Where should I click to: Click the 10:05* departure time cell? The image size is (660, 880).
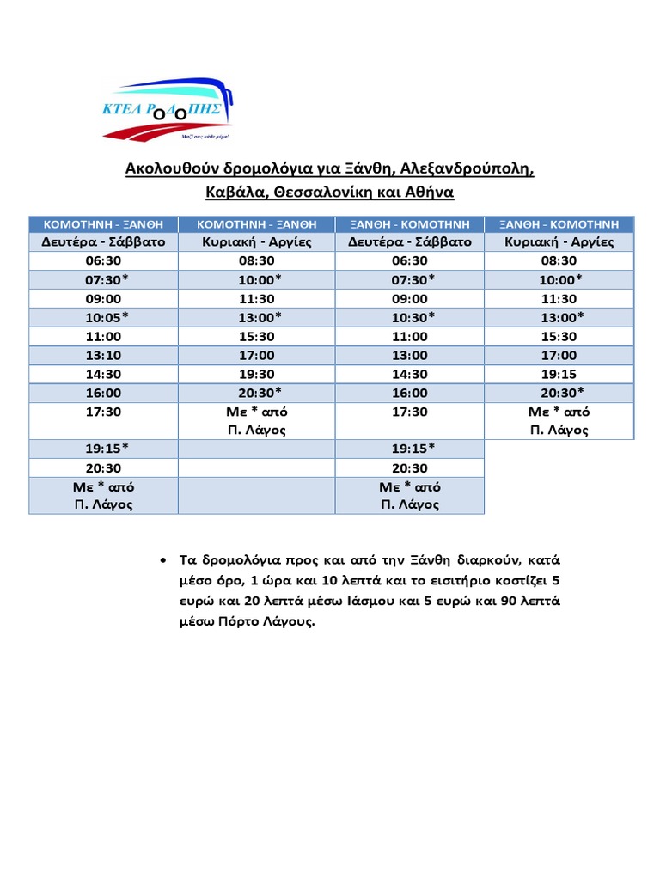[x=103, y=317]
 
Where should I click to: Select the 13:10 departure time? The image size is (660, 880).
[x=103, y=355]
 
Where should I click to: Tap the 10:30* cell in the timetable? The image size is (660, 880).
[x=409, y=317]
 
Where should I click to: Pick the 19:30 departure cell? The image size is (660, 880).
[x=256, y=374]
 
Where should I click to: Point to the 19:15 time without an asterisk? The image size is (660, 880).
[x=559, y=374]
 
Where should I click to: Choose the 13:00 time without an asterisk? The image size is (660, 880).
[x=409, y=355]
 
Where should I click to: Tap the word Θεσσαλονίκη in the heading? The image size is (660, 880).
[x=327, y=191]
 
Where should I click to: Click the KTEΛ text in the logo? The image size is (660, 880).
[x=126, y=109]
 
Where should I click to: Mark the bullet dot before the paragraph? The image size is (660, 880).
[x=163, y=560]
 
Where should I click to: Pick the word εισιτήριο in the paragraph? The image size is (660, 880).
[x=442, y=580]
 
